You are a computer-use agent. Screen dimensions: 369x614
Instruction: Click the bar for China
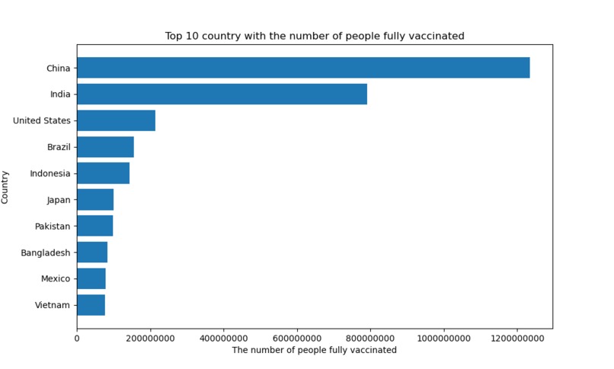tap(302, 68)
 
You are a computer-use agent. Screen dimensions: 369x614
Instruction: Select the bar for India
tap(222, 95)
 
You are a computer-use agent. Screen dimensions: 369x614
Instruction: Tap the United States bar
tap(116, 120)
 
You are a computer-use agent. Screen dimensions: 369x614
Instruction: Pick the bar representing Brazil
tap(105, 147)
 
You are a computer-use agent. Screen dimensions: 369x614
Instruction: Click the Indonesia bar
tap(103, 173)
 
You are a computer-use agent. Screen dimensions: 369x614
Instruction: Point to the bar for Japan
tap(95, 200)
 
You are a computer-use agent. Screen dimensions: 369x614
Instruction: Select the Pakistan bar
tap(94, 226)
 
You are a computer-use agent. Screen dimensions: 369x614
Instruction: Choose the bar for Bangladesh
tap(92, 252)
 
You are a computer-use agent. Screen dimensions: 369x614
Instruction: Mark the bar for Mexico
tap(91, 279)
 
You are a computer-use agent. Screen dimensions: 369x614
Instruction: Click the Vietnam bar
tap(91, 305)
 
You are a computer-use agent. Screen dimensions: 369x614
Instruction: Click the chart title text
tap(315, 36)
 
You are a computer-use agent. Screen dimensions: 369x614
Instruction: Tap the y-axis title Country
tap(5, 187)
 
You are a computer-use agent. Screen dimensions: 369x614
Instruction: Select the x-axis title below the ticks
tap(314, 350)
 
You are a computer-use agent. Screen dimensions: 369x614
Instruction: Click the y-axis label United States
tap(42, 120)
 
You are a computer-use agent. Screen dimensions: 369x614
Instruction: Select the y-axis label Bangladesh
tap(46, 252)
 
